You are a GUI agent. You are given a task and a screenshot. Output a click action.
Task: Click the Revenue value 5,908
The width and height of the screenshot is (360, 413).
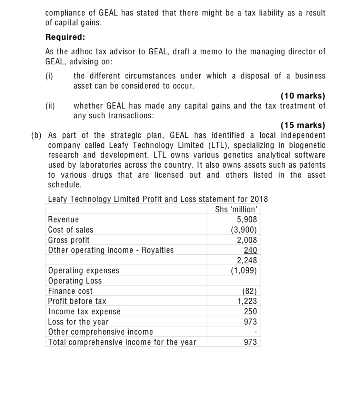pyautogui.click(x=247, y=220)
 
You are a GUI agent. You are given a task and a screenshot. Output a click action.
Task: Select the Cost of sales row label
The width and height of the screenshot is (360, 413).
pyautogui.click(x=71, y=230)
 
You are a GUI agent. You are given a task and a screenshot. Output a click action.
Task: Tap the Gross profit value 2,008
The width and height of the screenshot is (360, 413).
pyautogui.click(x=247, y=240)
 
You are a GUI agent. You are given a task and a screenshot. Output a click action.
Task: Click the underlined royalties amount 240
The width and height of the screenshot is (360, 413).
pyautogui.click(x=250, y=250)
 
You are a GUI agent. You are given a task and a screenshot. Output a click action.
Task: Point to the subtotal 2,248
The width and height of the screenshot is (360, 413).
pyautogui.click(x=247, y=260)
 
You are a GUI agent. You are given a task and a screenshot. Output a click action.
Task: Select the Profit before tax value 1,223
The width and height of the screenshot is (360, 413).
pyautogui.click(x=247, y=301)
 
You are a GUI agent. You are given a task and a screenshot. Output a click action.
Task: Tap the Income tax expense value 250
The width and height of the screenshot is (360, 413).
pyautogui.click(x=250, y=312)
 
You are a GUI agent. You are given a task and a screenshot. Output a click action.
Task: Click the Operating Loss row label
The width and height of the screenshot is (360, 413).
pyautogui.click(x=75, y=281)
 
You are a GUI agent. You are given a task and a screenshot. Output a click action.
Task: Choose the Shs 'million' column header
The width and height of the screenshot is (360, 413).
pyautogui.click(x=236, y=209)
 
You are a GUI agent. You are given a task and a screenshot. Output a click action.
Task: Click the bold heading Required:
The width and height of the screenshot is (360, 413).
pyautogui.click(x=65, y=37)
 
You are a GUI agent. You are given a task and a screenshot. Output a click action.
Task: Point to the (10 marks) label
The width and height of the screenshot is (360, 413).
pyautogui.click(x=303, y=96)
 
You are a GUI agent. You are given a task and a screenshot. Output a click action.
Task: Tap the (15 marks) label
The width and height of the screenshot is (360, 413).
pyautogui.click(x=303, y=125)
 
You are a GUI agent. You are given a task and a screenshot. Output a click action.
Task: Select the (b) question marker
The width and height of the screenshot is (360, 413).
pyautogui.click(x=36, y=135)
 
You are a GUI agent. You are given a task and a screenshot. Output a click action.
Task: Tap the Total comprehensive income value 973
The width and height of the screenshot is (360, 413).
pyautogui.click(x=250, y=342)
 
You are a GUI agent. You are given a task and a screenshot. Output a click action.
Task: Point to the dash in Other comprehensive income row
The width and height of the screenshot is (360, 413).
pyautogui.click(x=255, y=332)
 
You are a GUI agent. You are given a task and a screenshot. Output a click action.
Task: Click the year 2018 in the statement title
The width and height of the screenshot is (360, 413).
pyautogui.click(x=259, y=199)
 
